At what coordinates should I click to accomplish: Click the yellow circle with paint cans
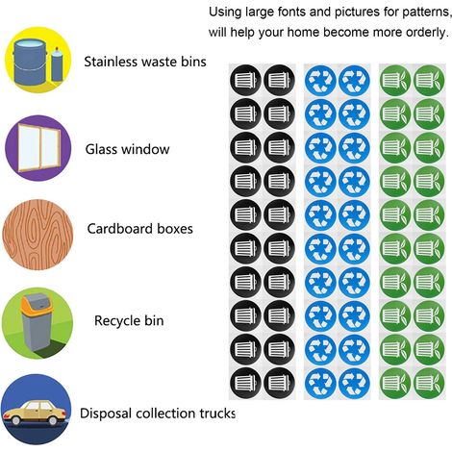click(38, 60)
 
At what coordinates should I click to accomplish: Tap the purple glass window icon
click(38, 148)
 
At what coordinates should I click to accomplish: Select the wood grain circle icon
click(38, 235)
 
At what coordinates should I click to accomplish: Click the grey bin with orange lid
click(35, 322)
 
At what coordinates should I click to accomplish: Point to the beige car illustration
click(36, 413)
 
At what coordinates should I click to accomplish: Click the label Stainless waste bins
click(145, 62)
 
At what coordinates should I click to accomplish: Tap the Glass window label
click(127, 149)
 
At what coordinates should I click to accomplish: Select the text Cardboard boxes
click(140, 229)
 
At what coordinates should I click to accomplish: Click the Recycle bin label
click(129, 320)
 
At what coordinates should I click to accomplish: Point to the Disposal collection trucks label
click(158, 414)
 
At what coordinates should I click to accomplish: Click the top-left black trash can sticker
click(245, 80)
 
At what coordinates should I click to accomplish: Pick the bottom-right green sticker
click(429, 383)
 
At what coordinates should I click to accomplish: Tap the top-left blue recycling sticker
click(320, 80)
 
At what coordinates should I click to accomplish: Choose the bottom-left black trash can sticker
click(245, 383)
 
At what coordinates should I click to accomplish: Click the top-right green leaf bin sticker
click(429, 80)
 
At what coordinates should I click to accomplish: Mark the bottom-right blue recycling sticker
click(354, 383)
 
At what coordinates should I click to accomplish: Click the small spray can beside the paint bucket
click(57, 65)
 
